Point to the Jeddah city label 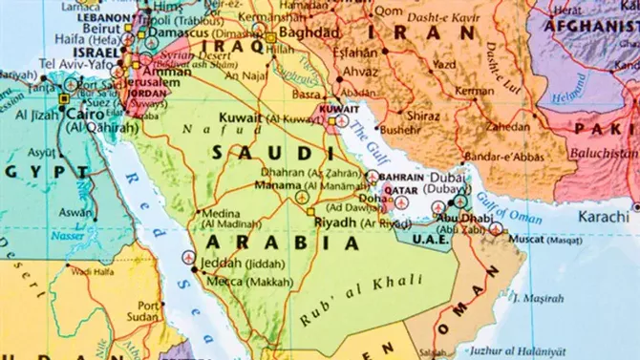230,261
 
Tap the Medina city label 221,213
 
